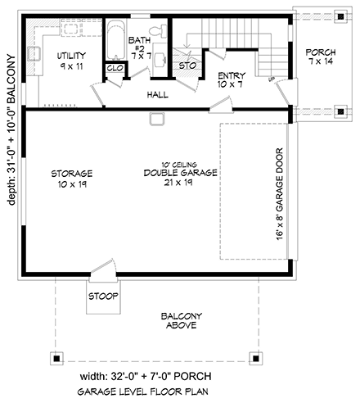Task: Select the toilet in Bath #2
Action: click(x=163, y=32)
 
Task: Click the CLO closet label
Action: click(x=115, y=69)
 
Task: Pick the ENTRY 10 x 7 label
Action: click(x=231, y=79)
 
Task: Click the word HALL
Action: click(x=158, y=95)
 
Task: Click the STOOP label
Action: click(x=104, y=296)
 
